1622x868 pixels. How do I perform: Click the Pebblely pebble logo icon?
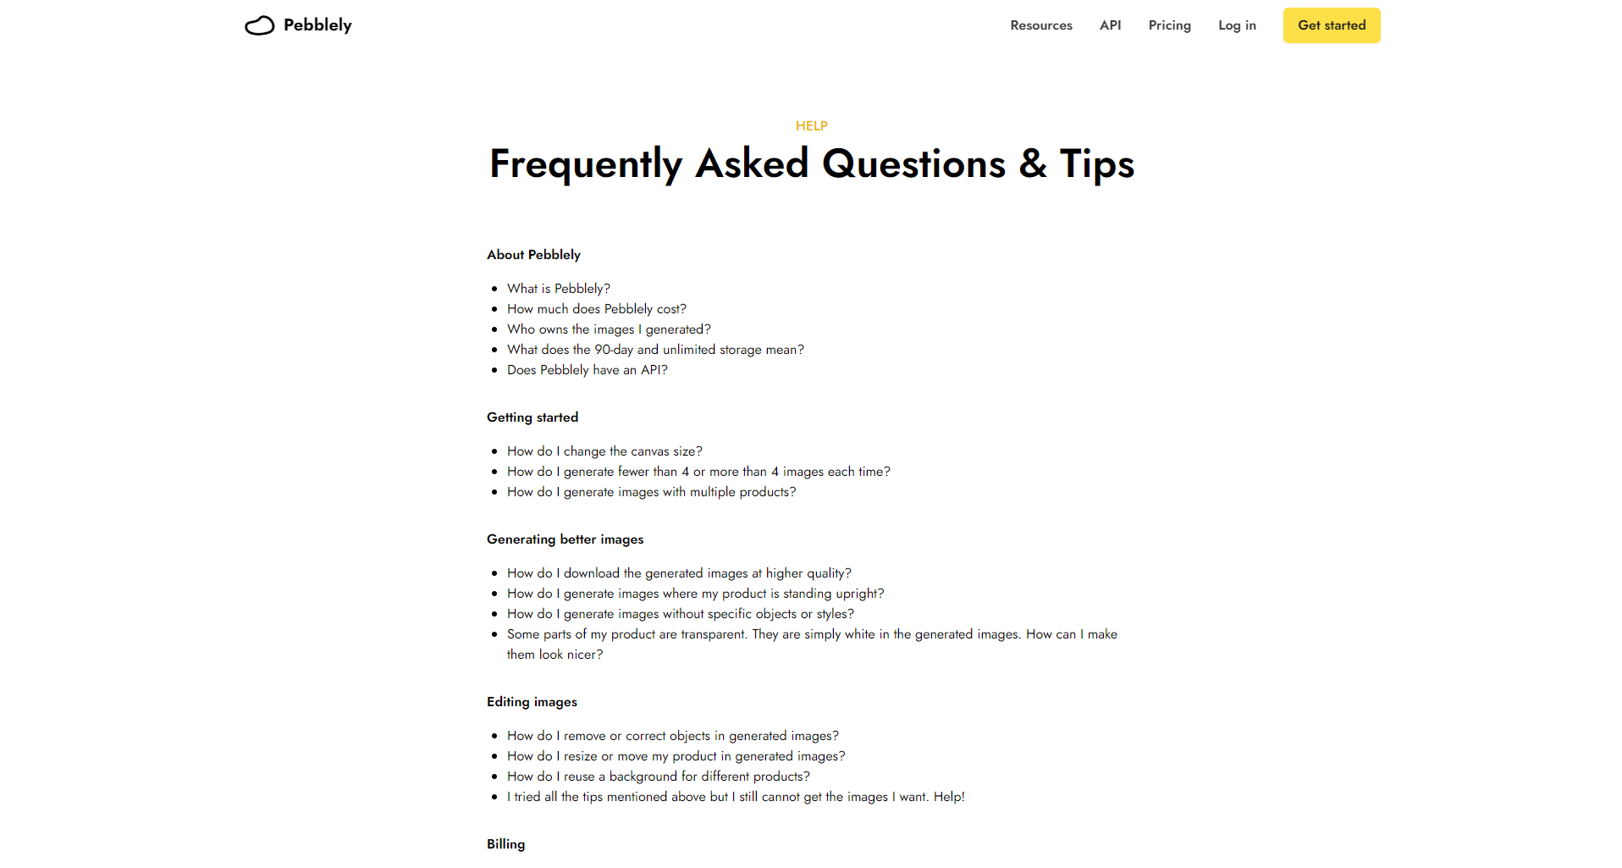[259, 26]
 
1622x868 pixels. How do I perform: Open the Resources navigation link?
[1040, 25]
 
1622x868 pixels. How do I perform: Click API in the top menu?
[1110, 25]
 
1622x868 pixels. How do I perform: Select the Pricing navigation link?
[1169, 25]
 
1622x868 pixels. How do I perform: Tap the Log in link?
[1237, 25]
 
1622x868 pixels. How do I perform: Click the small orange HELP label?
[811, 126]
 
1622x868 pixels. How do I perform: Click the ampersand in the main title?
[1032, 163]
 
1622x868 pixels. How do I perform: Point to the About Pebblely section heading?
[533, 255]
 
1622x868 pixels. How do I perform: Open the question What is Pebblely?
[558, 289]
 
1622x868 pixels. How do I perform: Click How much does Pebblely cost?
[596, 309]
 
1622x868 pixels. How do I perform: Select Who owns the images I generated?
[609, 329]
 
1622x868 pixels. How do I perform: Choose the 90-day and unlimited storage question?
[655, 350]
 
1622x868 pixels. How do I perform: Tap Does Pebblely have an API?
[587, 370]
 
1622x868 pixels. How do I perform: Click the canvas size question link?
[604, 451]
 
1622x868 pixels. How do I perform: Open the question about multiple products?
[651, 492]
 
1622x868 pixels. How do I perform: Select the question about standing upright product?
[695, 594]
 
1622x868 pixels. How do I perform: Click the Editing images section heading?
[532, 702]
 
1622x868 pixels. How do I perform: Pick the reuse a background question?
[658, 777]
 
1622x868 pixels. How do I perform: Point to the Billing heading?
[505, 844]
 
